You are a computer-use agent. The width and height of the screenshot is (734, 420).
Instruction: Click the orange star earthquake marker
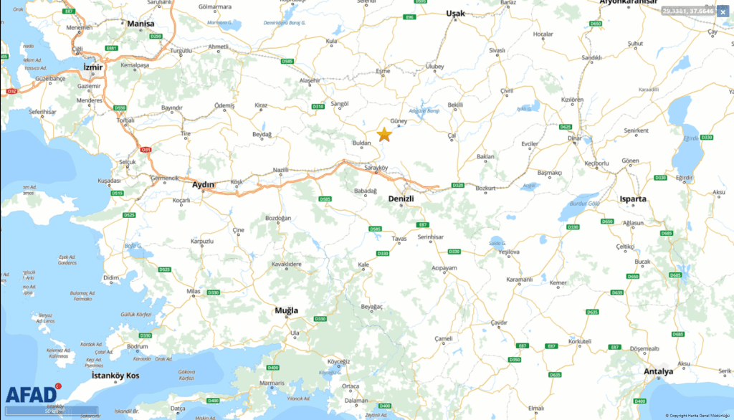384,134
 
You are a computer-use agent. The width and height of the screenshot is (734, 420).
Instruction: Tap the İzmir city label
93,67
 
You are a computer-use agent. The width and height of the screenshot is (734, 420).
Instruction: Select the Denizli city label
401,198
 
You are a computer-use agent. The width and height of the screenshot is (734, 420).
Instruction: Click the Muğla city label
286,311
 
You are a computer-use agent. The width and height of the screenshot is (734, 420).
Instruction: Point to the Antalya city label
658,371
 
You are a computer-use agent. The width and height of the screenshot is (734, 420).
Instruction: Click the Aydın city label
204,184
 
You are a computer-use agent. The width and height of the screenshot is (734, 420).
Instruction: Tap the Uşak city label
456,14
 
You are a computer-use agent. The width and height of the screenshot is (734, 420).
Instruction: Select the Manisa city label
140,24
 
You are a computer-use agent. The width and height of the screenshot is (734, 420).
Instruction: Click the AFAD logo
32,394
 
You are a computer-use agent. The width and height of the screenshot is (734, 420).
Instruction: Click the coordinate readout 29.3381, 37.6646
688,11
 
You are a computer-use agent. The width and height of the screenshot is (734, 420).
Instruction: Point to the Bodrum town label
137,346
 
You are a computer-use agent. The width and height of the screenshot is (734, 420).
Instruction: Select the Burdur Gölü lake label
583,204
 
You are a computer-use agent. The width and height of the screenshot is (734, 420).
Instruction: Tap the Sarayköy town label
376,168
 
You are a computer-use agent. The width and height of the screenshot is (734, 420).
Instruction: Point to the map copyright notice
698,415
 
